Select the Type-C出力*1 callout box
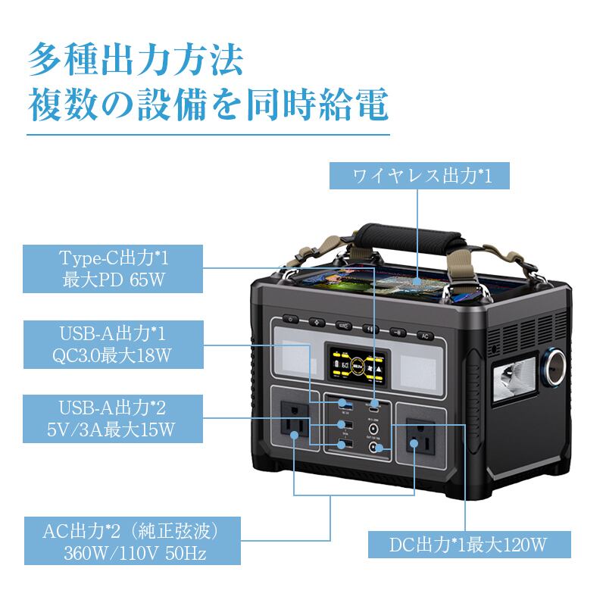[x=113, y=268]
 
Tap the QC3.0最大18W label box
[x=113, y=344]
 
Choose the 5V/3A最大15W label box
[x=113, y=419]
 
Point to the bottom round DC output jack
[x=374, y=448]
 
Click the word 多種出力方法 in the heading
[x=136, y=60]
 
